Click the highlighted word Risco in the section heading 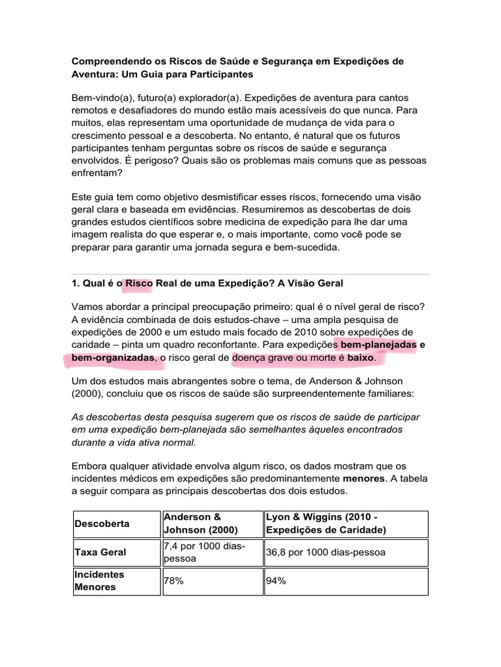click(138, 283)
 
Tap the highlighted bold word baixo click(361, 358)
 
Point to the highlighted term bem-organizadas click(110, 358)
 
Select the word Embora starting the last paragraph click(89, 466)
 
